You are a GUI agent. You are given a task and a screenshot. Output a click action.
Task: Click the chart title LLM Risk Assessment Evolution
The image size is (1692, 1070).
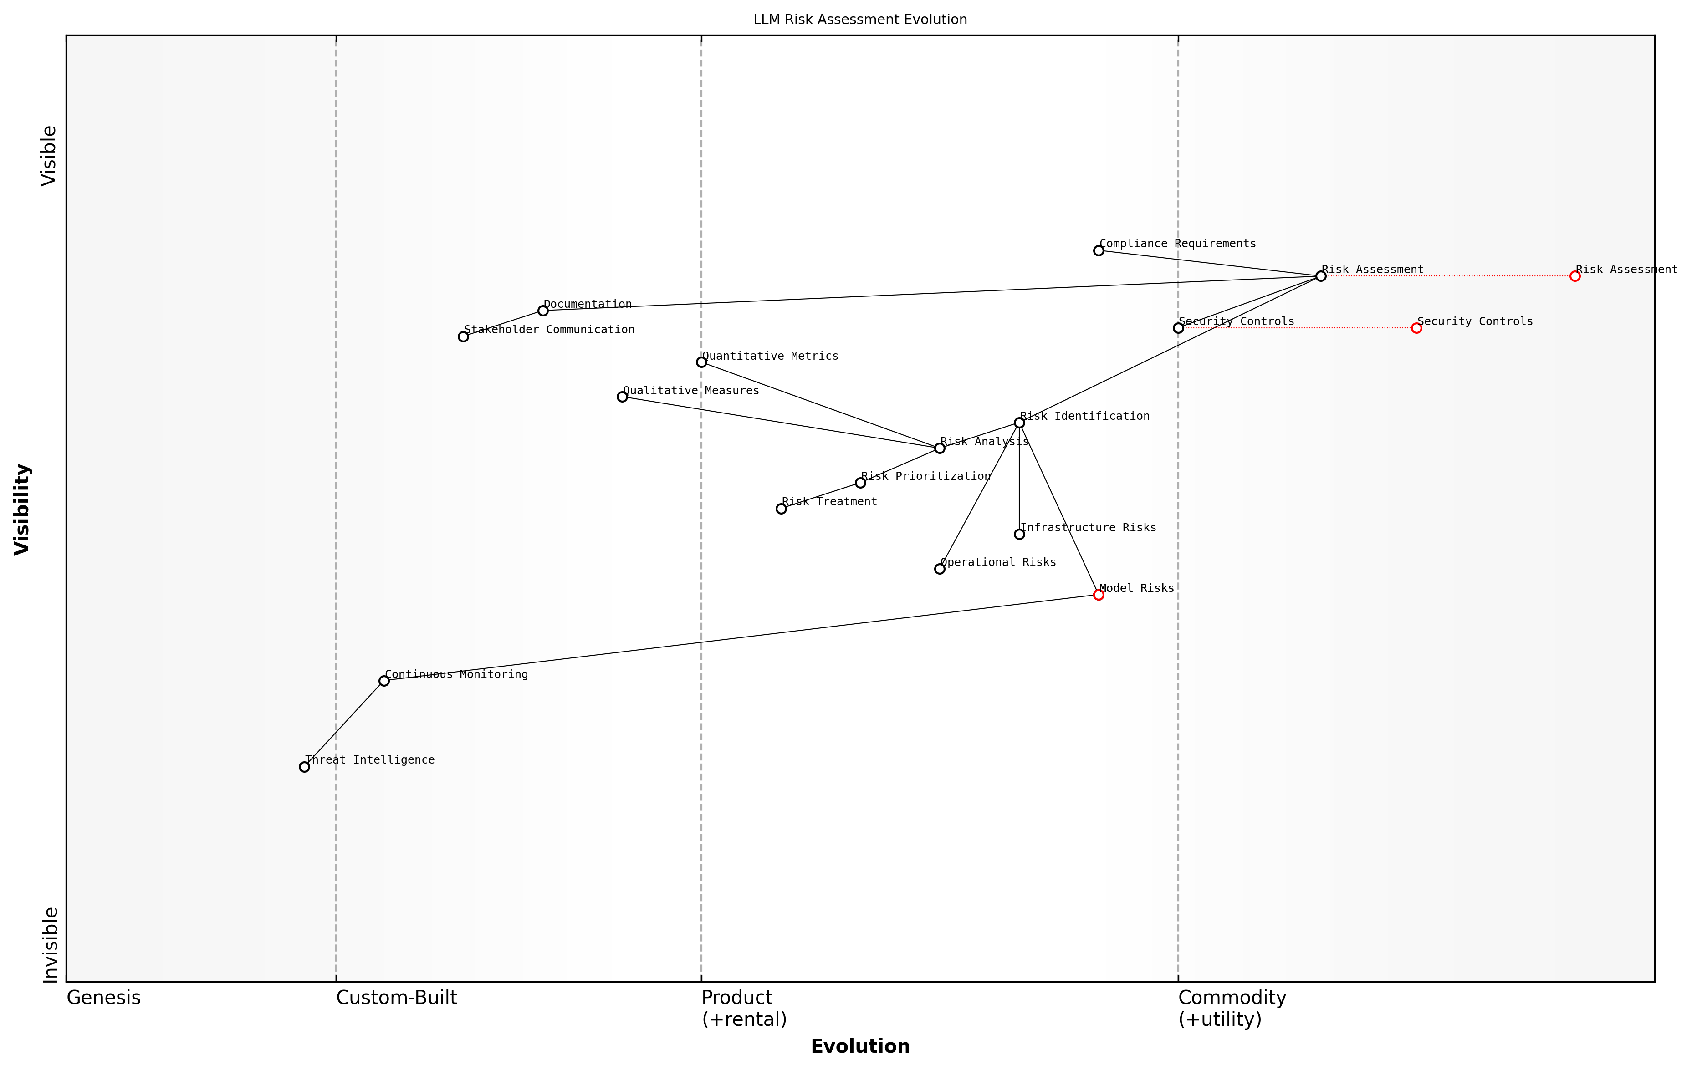[859, 20]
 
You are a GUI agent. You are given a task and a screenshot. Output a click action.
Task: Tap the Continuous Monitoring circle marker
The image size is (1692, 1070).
[383, 681]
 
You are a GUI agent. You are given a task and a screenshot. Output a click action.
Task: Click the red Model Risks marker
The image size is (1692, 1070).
[1098, 595]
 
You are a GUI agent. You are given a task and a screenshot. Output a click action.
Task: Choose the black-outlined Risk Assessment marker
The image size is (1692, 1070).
[1321, 276]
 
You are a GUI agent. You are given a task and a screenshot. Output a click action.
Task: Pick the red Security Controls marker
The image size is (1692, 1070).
[1416, 328]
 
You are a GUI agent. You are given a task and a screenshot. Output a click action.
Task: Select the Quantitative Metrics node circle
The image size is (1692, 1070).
[701, 362]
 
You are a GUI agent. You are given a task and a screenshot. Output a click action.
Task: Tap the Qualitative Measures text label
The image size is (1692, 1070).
[691, 391]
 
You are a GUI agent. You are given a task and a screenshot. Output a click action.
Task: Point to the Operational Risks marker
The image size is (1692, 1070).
[940, 569]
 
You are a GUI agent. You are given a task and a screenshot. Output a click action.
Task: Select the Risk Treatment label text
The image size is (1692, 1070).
[829, 502]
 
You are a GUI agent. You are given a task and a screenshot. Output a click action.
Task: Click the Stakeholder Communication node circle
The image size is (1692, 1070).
[463, 336]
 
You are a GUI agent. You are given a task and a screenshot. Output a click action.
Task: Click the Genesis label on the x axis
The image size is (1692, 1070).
[103, 998]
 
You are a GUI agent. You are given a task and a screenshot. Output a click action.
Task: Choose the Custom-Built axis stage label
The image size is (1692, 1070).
[396, 998]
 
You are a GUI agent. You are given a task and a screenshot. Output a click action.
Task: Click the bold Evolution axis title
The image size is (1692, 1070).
[859, 1046]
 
